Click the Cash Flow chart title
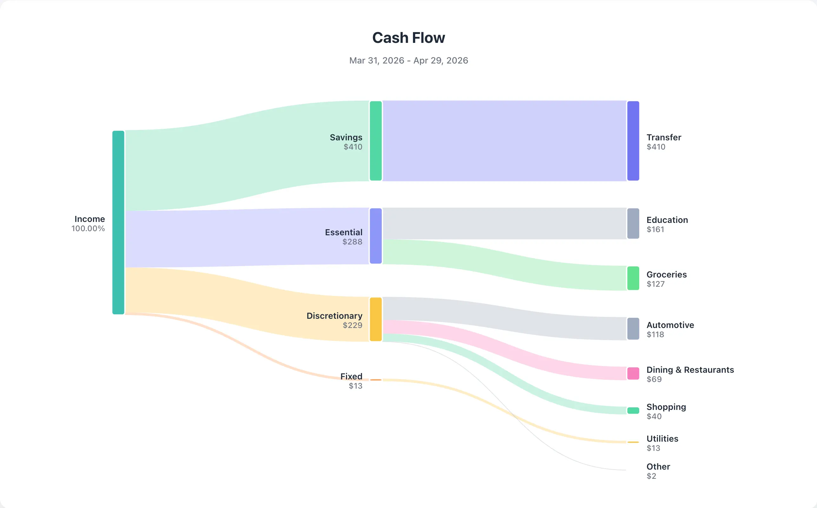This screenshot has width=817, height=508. tap(408, 38)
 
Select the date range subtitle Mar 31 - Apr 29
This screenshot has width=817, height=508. tap(408, 60)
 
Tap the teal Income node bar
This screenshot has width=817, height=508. tap(118, 223)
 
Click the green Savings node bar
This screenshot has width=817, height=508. tap(375, 141)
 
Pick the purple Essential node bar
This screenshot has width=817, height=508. tap(375, 236)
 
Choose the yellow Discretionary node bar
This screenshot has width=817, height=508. tap(375, 319)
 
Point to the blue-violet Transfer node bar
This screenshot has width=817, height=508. tap(633, 141)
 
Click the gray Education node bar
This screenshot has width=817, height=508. tap(633, 224)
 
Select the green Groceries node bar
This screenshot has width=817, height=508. tap(633, 278)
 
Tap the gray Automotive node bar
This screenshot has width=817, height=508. tap(633, 329)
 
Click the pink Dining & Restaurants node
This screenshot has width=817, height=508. tap(633, 374)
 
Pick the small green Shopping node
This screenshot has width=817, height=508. tap(633, 411)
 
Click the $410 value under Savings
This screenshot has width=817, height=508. tap(353, 147)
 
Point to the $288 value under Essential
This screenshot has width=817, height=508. tap(352, 242)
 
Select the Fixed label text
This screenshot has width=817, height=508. tap(351, 376)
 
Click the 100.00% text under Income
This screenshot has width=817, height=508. tap(88, 229)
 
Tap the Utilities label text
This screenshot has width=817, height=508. tap(662, 439)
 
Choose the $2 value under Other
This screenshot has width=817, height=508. tap(651, 476)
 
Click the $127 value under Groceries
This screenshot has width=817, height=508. tap(655, 284)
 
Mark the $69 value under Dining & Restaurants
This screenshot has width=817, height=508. tap(654, 379)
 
